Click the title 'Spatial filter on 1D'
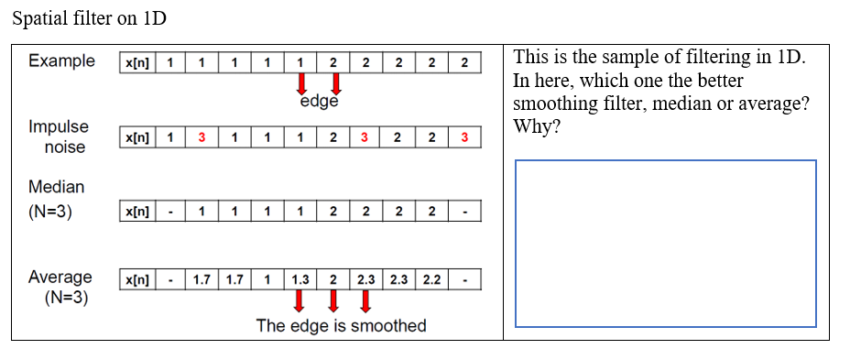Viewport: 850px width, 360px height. (x=90, y=18)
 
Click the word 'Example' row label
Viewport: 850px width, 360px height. (x=61, y=61)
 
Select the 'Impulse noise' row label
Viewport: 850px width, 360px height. (x=59, y=136)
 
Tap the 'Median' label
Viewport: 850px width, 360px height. (x=56, y=187)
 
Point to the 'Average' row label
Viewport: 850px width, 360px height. (x=60, y=277)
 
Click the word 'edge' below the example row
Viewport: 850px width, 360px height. (x=319, y=102)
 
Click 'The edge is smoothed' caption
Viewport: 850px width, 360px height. (x=341, y=326)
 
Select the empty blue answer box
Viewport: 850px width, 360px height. (x=665, y=243)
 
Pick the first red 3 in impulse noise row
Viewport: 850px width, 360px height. (x=201, y=137)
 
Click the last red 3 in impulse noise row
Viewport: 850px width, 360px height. (x=464, y=137)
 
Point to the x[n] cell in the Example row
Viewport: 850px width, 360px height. (x=137, y=63)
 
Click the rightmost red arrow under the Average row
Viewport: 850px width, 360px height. (x=365, y=300)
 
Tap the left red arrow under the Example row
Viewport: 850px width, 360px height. (x=300, y=84)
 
